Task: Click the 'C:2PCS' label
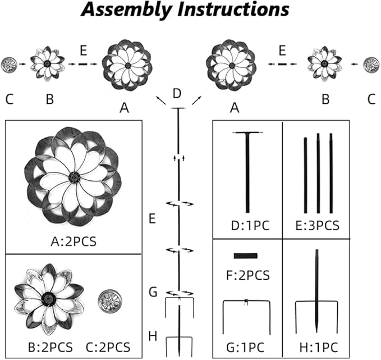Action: (x=109, y=345)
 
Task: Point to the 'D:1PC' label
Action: (x=247, y=226)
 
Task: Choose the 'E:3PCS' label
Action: (x=317, y=226)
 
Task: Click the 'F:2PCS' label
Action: (x=246, y=276)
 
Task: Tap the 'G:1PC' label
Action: (x=247, y=345)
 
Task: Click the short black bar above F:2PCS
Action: (x=245, y=256)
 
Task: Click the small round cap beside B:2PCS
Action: (x=109, y=302)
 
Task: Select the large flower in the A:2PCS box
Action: (x=73, y=177)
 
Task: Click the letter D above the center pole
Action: (x=177, y=93)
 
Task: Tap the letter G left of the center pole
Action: (x=153, y=292)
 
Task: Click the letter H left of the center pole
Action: (x=153, y=336)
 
